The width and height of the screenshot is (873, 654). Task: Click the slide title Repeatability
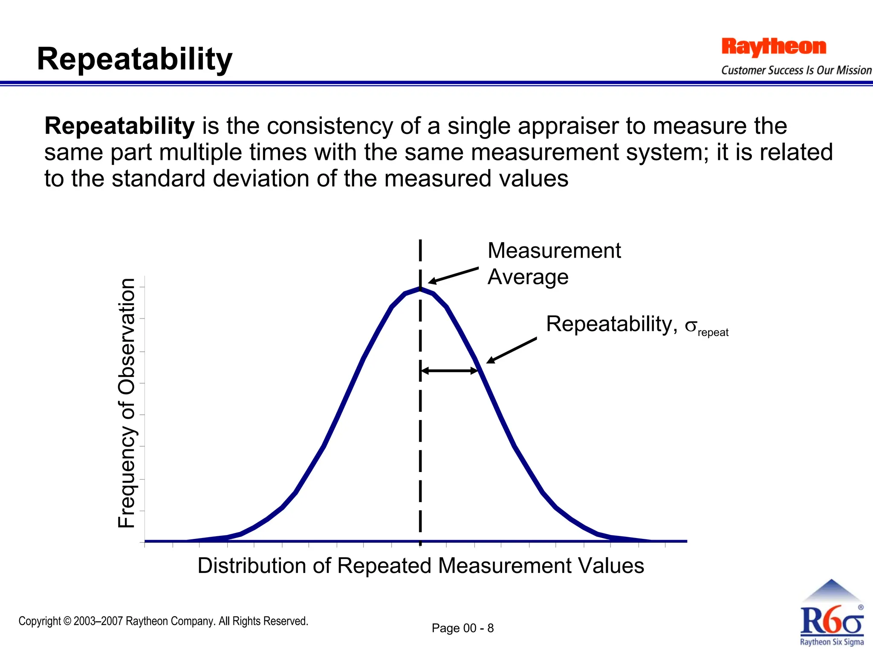(x=134, y=59)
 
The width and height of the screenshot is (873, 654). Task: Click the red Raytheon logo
(x=773, y=47)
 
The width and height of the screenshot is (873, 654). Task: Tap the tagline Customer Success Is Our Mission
(x=796, y=70)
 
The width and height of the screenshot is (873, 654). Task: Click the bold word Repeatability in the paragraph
(x=119, y=126)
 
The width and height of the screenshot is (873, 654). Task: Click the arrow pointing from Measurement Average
(x=454, y=275)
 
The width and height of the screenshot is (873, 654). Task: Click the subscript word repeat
(x=713, y=333)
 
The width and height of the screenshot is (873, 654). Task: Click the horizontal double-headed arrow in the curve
(x=449, y=371)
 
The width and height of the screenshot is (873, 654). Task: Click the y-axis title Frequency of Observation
(x=127, y=403)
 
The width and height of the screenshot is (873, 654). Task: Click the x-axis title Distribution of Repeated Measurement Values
(x=420, y=566)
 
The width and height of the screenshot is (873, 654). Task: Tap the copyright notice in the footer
(x=163, y=621)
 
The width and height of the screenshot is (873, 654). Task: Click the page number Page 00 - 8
(x=463, y=628)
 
